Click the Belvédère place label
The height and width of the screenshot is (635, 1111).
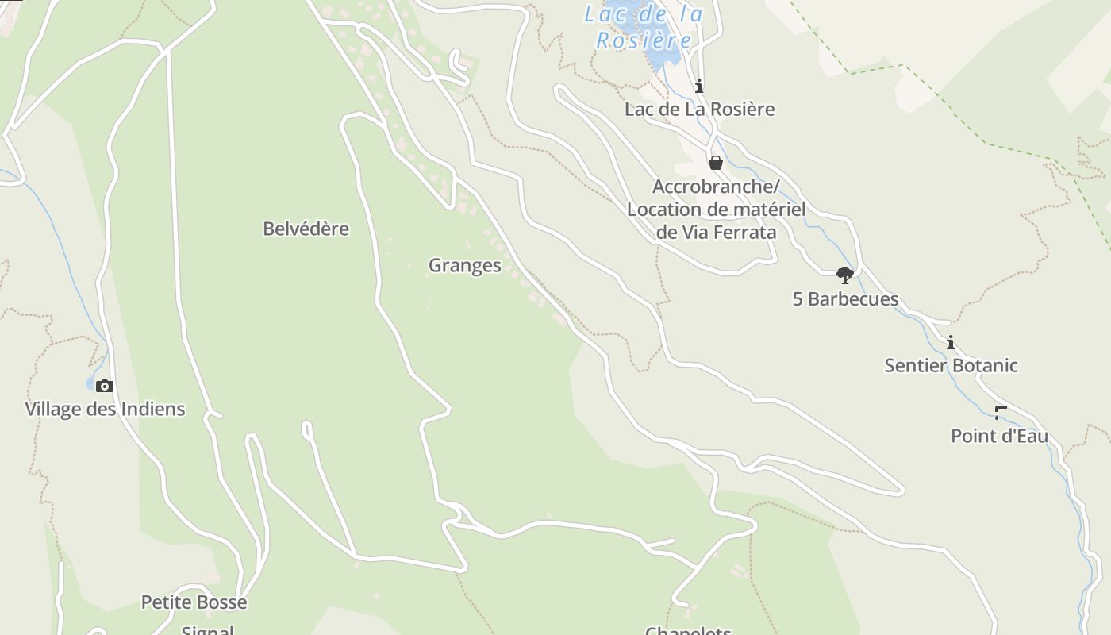(306, 229)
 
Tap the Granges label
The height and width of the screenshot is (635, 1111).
(464, 265)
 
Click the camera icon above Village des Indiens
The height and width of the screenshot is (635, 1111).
(104, 387)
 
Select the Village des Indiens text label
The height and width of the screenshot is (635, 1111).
(105, 409)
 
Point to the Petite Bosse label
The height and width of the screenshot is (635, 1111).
(194, 602)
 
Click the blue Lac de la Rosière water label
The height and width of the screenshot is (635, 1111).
(644, 26)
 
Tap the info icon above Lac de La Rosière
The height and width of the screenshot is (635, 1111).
(698, 86)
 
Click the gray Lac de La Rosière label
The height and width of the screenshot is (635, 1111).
(699, 109)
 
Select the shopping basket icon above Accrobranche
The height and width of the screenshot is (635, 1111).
(715, 163)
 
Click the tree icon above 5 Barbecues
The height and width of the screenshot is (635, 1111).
(844, 275)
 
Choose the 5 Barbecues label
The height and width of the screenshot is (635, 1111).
(845, 299)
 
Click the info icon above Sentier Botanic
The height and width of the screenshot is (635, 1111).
(950, 343)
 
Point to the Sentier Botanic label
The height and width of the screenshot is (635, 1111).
(951, 366)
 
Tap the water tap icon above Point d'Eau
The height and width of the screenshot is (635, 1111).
(1000, 412)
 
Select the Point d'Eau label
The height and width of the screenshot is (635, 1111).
(999, 436)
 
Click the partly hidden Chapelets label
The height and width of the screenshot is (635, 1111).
(688, 630)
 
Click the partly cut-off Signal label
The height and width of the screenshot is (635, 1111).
(208, 630)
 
